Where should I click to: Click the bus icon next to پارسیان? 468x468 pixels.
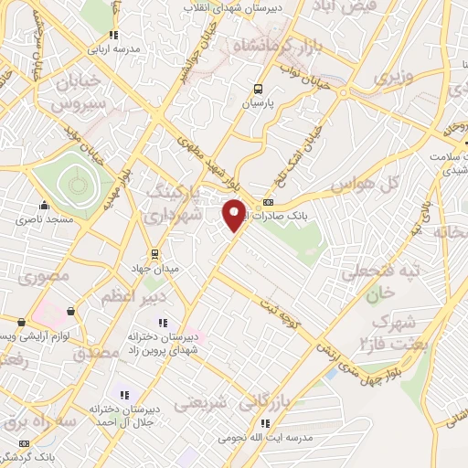tap(259, 90)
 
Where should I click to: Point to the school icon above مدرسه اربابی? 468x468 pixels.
tap(114, 35)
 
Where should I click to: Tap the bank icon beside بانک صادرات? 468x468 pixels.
tap(268, 202)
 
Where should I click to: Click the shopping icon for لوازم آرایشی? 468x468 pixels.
tap(21, 322)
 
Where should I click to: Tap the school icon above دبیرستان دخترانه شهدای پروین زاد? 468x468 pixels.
tap(164, 323)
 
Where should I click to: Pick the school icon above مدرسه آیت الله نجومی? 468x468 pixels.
tap(265, 423)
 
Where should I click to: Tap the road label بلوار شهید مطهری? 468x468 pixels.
tap(196, 150)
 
